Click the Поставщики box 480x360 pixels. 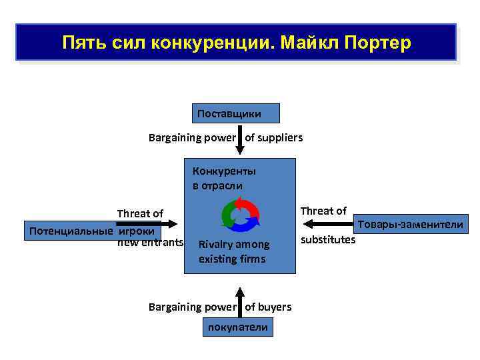[236, 114]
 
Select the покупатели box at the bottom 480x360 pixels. [238, 327]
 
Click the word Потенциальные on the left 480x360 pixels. [69, 231]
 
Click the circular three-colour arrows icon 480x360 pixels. [239, 214]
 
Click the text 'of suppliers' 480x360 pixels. [274, 138]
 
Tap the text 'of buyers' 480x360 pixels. [268, 307]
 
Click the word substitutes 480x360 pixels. [328, 240]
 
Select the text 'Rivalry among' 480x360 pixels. [234, 245]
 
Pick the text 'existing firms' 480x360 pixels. [232, 259]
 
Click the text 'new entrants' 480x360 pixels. [150, 243]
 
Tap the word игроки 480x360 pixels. [137, 231]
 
